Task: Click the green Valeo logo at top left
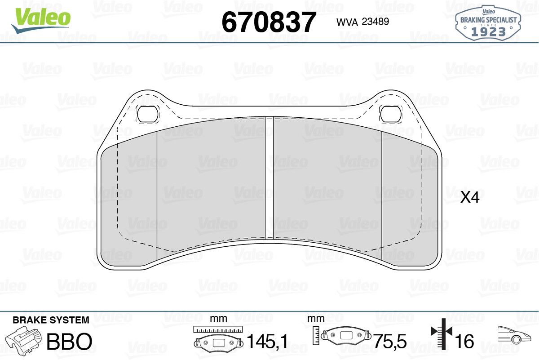coord(41,21)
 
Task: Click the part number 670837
coord(269,22)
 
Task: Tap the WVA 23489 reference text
coord(362,22)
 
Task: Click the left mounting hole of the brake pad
coord(147,114)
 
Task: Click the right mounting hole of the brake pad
coord(391,114)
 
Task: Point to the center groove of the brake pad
coord(269,178)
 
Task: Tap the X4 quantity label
coord(470,198)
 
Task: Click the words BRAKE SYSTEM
coord(51,320)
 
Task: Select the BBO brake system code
coord(69,341)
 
